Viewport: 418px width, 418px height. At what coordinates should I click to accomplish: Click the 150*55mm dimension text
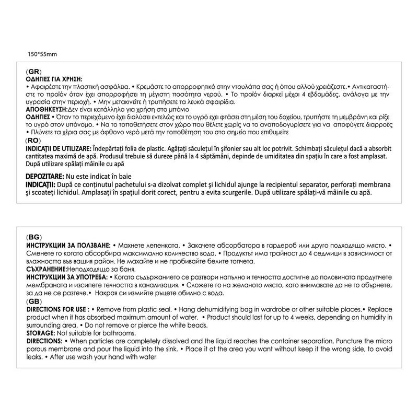click(42, 53)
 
